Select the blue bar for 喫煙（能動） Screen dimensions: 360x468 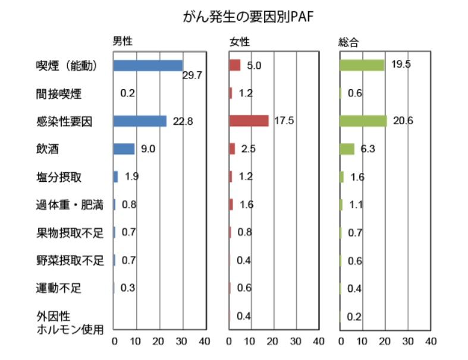(x=147, y=65)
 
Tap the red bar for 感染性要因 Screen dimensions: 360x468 (x=249, y=121)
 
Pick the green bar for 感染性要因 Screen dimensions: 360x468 (x=363, y=121)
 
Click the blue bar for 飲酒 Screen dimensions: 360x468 (x=124, y=149)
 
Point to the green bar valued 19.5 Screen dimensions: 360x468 (x=362, y=65)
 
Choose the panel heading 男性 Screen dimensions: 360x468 (x=123, y=42)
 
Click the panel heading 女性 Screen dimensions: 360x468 (x=240, y=42)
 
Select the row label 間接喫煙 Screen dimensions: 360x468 (x=58, y=93)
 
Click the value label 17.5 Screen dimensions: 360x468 (x=284, y=121)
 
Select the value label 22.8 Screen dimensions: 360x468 (x=183, y=121)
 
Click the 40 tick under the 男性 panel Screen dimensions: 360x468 (x=204, y=342)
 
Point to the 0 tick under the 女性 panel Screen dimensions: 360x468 (x=230, y=342)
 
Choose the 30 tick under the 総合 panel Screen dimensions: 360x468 (x=408, y=342)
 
